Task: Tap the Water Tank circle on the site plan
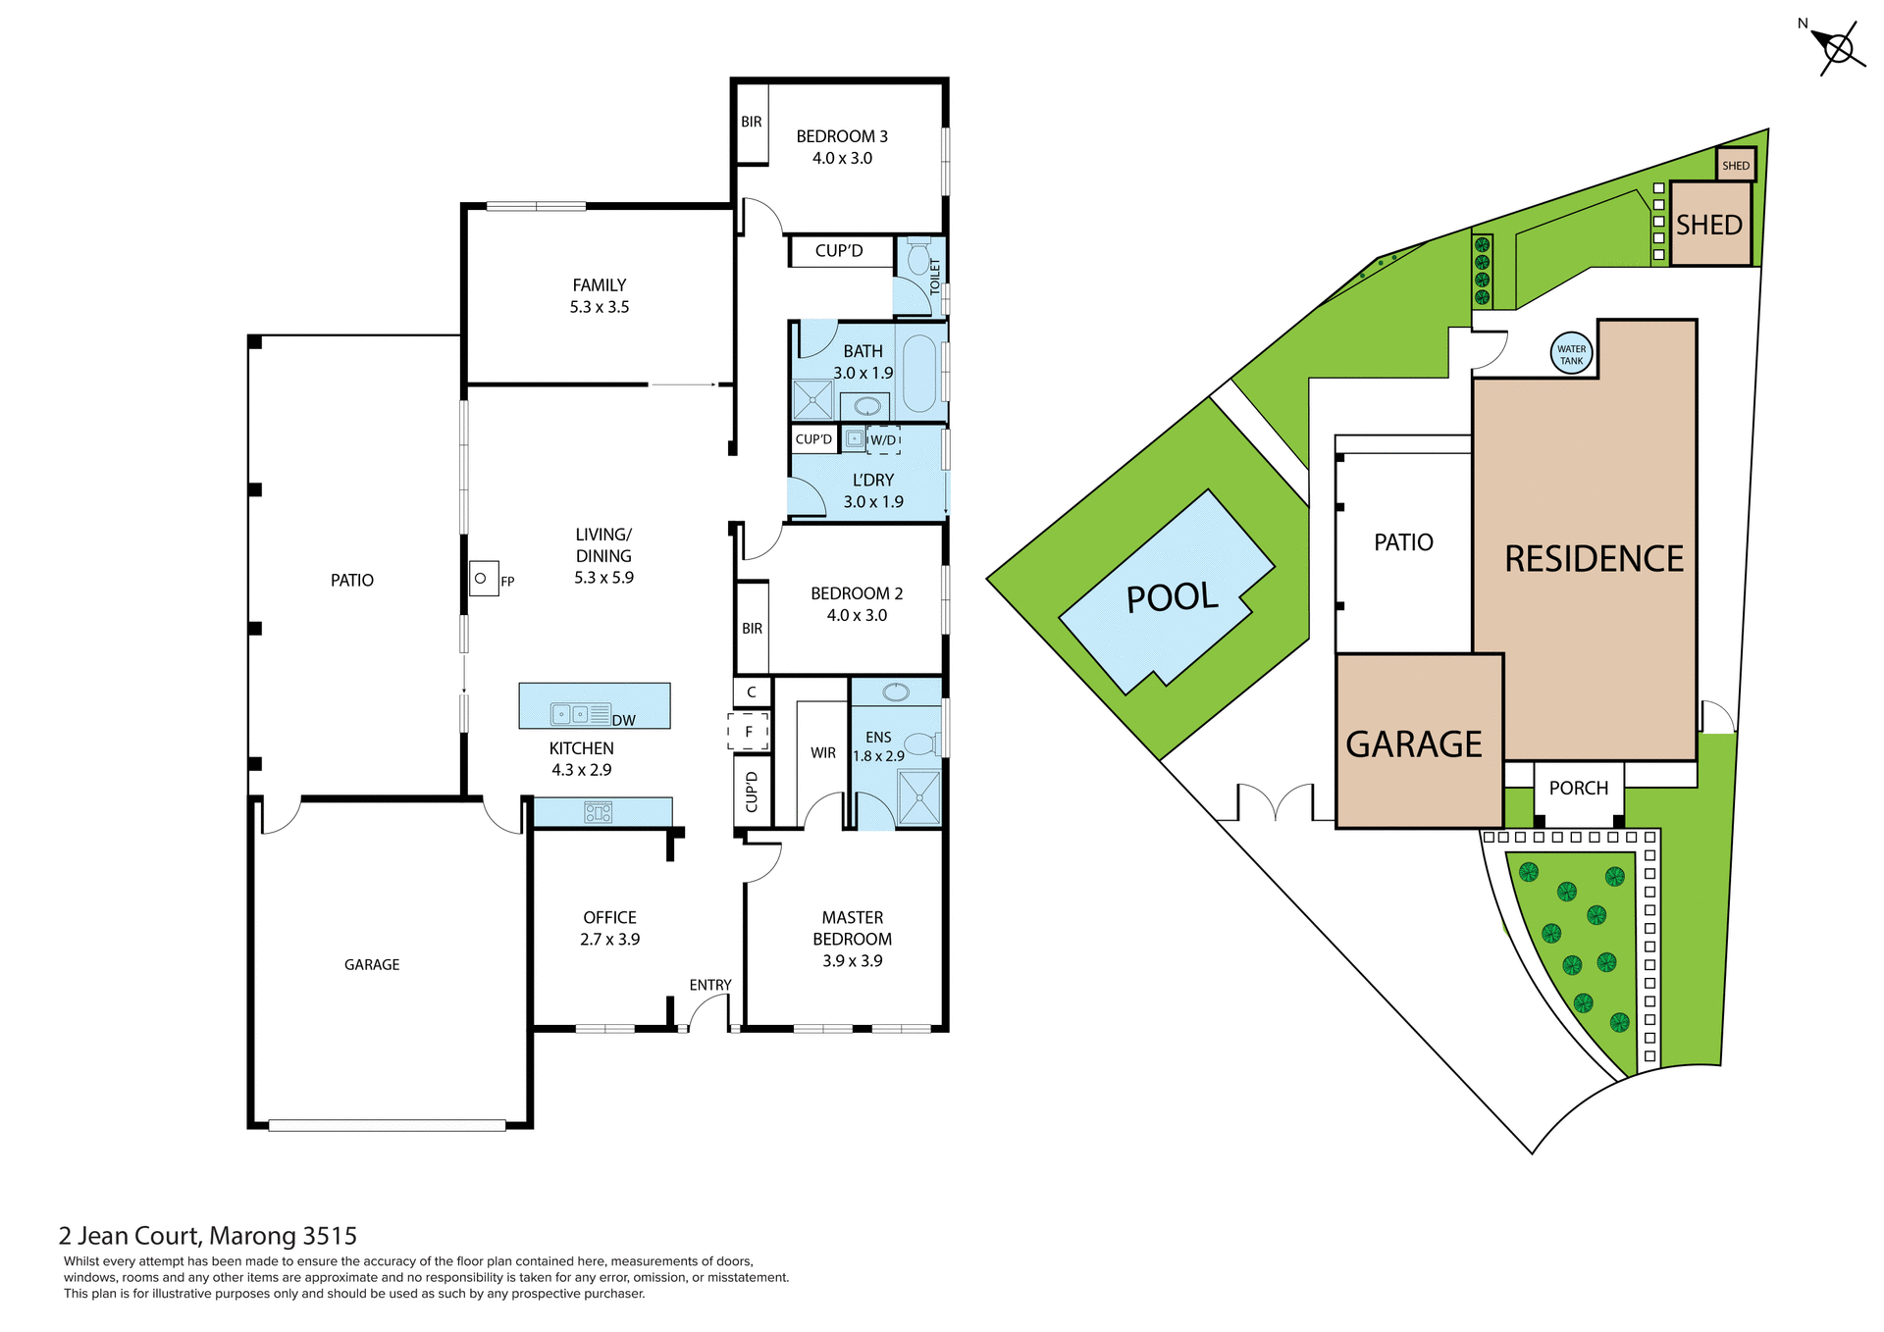(1571, 354)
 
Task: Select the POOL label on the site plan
(1172, 597)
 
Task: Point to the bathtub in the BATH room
(919, 373)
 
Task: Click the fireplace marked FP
(483, 579)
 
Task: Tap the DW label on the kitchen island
(624, 721)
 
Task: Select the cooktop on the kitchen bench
(599, 812)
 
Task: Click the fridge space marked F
(749, 732)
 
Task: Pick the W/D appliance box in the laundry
(883, 440)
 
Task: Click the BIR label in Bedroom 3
(752, 123)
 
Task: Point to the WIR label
(823, 753)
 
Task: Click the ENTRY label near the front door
(710, 985)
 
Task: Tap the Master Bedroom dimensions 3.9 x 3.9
(852, 961)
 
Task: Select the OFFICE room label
(609, 918)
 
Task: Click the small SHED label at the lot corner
(1736, 166)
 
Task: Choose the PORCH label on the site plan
(1578, 789)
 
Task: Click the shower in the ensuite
(919, 797)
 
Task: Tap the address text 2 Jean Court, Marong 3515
(208, 1236)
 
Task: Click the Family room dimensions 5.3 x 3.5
(600, 307)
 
